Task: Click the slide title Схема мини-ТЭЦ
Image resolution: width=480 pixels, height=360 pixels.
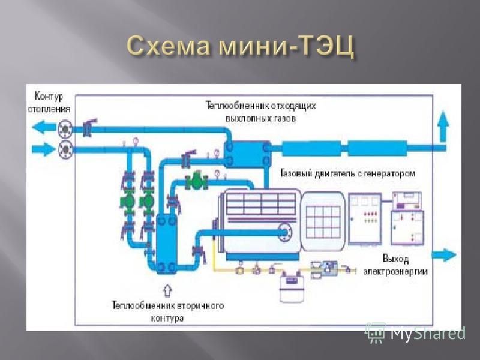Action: (x=241, y=47)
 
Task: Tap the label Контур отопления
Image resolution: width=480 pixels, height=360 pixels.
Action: (x=49, y=103)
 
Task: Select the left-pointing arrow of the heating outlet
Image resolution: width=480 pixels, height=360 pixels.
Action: (x=44, y=127)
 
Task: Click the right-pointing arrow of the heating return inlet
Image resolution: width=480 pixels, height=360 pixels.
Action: (x=44, y=149)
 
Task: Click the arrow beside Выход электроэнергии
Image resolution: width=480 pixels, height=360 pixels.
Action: (x=444, y=254)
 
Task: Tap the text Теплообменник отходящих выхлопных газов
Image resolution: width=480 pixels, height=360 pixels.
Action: (x=261, y=112)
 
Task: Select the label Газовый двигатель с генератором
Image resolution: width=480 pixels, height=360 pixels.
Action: (x=348, y=173)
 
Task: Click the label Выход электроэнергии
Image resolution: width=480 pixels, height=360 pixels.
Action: (x=395, y=265)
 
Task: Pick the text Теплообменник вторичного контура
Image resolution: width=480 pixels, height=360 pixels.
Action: (x=167, y=311)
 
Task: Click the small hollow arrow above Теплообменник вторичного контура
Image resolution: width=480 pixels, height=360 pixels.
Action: (x=167, y=290)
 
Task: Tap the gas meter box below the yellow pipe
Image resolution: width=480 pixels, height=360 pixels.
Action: (x=292, y=287)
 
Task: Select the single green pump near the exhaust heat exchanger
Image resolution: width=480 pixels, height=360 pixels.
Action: (x=197, y=182)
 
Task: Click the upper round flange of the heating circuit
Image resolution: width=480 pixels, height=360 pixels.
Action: (x=65, y=129)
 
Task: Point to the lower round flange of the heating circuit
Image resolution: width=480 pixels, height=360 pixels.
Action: (x=65, y=149)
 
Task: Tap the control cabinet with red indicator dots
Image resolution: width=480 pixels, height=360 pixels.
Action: (x=365, y=218)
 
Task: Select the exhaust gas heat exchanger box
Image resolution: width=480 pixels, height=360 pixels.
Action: (x=247, y=154)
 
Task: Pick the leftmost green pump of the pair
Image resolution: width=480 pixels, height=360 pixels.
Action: (x=128, y=201)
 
